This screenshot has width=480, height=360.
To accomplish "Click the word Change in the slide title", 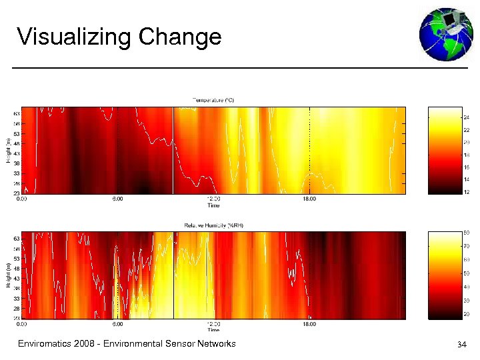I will [180, 37].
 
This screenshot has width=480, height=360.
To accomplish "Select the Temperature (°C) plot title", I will [213, 100].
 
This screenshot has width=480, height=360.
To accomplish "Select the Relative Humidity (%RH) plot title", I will [213, 225].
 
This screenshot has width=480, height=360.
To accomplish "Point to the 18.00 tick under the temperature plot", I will [310, 199].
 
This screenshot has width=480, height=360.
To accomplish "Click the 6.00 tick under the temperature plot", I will [117, 199].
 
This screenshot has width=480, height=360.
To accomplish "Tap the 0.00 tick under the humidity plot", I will [22, 325].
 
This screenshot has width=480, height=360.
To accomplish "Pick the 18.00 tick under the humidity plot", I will [310, 325].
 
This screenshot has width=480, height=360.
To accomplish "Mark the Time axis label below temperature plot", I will [213, 205].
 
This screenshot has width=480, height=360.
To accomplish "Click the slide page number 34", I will [461, 345].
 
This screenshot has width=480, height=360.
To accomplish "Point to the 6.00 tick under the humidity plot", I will [117, 325].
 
